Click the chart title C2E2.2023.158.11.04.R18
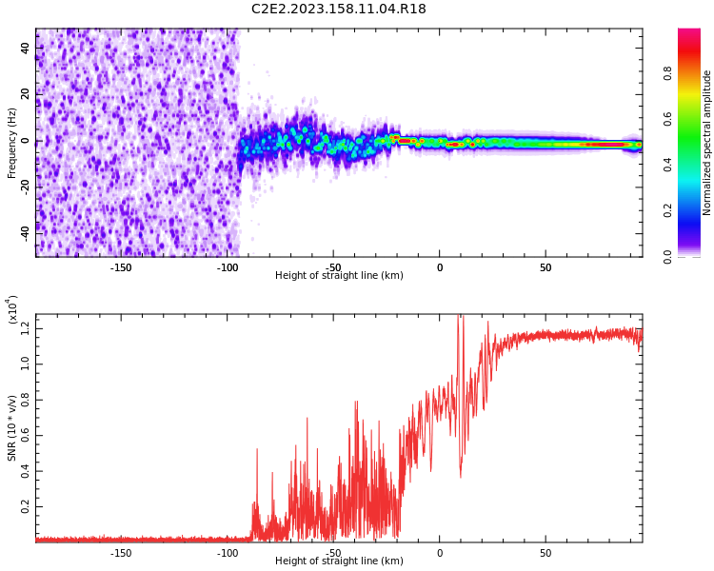point(338,10)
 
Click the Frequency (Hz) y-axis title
point(12,141)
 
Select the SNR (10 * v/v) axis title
point(12,427)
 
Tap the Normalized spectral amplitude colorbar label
point(707,143)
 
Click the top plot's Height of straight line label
point(339,276)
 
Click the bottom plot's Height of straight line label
point(339,561)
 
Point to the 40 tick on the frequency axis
point(26,49)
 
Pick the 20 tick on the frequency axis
point(26,94)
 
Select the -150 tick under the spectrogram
point(121,267)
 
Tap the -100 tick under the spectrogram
point(228,267)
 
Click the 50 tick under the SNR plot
point(545,553)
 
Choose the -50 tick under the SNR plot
point(333,553)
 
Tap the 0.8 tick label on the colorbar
point(668,73)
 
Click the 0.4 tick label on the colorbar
point(668,165)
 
